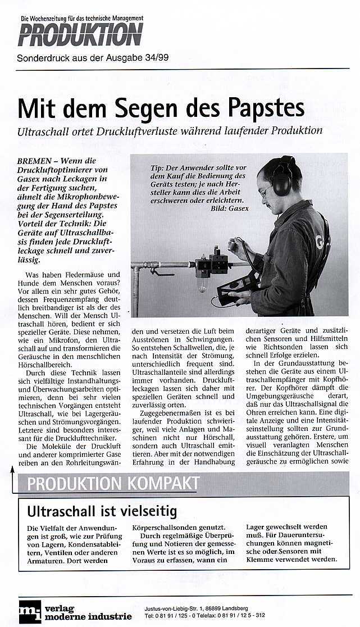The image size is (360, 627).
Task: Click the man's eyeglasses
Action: pyautogui.click(x=265, y=192)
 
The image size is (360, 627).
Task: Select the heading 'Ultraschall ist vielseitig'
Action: pyautogui.click(x=102, y=511)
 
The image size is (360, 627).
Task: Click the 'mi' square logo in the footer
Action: pyautogui.click(x=30, y=611)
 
